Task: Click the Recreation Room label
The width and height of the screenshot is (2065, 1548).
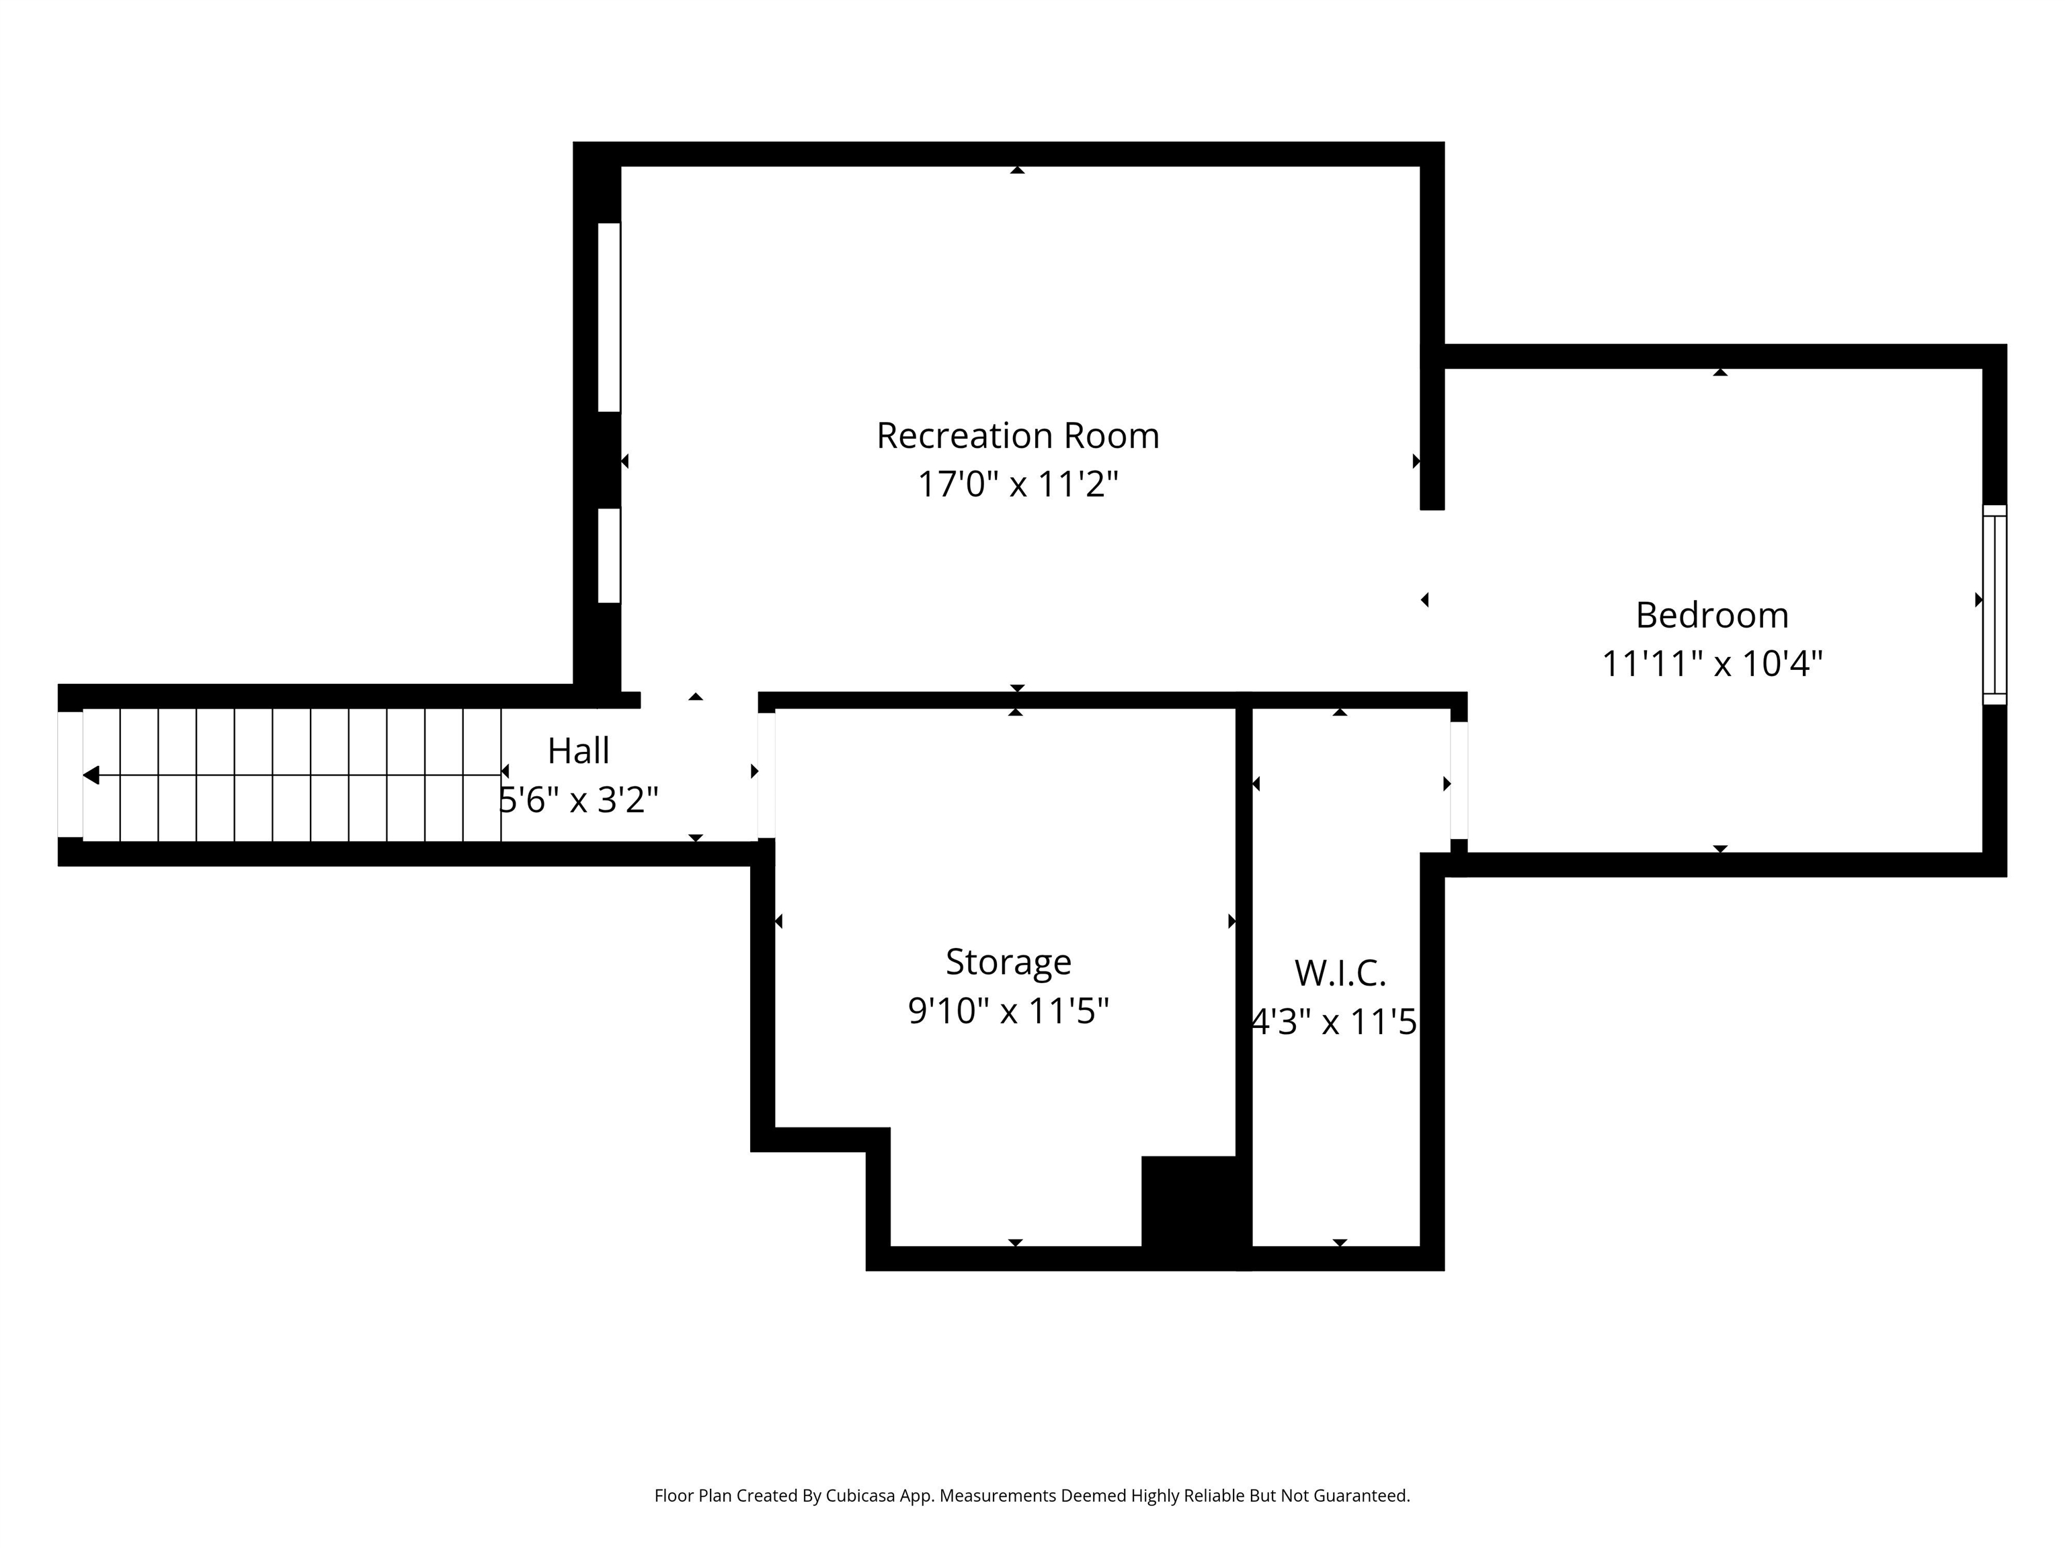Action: point(1018,436)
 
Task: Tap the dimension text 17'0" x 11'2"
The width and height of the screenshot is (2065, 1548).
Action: point(1018,484)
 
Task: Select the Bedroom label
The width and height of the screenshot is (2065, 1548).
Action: point(1712,615)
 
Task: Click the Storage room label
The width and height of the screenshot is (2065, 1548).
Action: point(1008,962)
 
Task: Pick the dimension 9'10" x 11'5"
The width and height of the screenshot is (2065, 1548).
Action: point(1008,1010)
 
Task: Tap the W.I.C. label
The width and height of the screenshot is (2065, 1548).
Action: point(1340,974)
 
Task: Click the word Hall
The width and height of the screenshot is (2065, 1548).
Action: point(578,751)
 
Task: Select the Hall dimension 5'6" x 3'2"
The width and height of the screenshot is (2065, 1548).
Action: point(579,800)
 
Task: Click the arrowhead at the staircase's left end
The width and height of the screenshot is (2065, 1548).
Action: point(91,775)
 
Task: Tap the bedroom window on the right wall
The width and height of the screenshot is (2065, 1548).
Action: point(1994,605)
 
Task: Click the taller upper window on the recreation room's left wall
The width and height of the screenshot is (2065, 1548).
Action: point(608,317)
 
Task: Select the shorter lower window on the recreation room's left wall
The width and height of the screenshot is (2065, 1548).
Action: point(608,555)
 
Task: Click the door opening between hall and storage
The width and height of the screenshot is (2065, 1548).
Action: point(766,775)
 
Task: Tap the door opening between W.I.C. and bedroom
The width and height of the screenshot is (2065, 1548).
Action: point(1458,780)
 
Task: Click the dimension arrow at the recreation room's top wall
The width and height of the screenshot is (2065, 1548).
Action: point(1018,170)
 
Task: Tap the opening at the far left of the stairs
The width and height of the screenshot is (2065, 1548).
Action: point(70,775)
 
